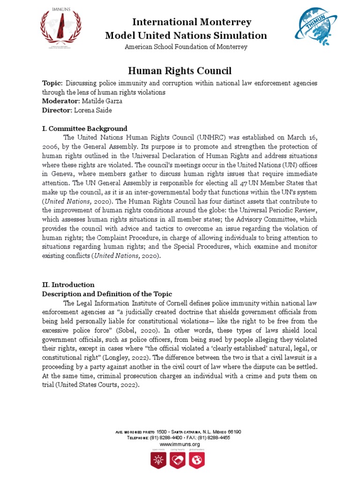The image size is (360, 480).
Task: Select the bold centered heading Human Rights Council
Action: pos(180,71)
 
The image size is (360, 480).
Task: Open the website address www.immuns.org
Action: pos(180,444)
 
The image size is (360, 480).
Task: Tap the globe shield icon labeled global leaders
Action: pos(194,461)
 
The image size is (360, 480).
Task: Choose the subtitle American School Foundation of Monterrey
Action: pos(186,47)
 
